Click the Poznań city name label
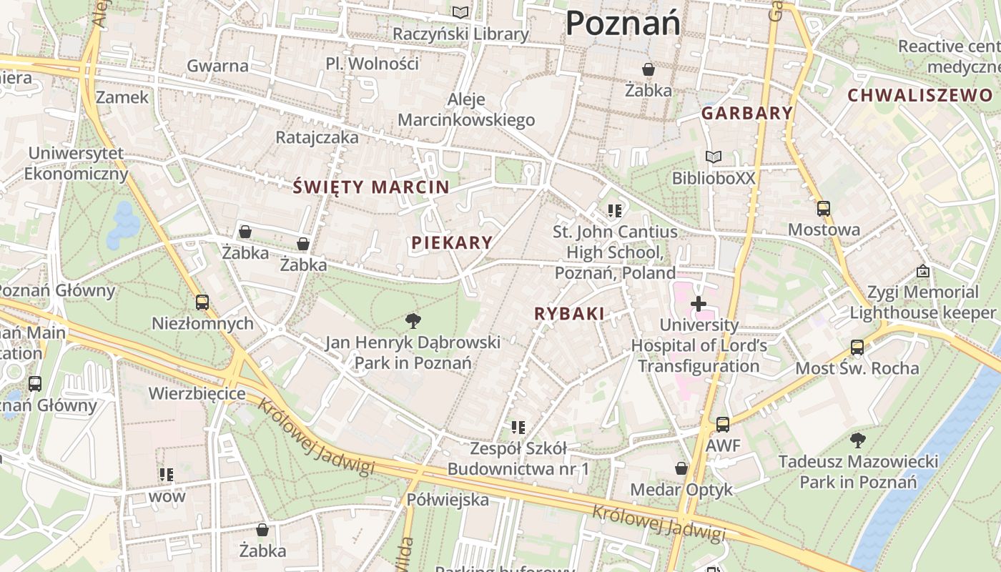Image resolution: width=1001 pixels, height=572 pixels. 622,24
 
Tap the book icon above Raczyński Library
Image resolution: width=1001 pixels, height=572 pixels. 461,12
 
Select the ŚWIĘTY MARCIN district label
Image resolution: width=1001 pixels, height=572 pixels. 371,187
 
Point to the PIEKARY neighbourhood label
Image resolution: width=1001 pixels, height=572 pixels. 452,242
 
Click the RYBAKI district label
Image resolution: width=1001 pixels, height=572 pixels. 570,313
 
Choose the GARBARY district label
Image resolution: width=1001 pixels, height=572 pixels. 747,112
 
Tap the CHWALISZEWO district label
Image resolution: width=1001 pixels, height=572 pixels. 920,95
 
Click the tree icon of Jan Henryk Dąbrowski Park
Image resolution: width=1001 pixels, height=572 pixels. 413,320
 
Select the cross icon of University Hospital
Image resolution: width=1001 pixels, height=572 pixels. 698,304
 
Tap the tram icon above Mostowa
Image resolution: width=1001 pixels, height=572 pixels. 824,209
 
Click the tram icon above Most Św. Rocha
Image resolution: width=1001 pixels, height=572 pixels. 857,347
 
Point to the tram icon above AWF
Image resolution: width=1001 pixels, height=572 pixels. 723,424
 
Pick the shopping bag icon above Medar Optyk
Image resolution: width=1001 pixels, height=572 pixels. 681,468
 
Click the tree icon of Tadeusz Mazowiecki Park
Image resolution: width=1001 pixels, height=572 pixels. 857,440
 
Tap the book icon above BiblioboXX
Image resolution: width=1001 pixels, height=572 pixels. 713,157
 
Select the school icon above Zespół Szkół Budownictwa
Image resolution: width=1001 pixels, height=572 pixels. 518,428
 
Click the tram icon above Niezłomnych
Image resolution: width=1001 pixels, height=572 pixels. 202,302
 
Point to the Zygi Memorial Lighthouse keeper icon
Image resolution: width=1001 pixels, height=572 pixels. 922,271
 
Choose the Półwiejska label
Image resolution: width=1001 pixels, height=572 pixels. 448,499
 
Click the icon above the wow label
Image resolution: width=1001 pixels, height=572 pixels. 167,474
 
